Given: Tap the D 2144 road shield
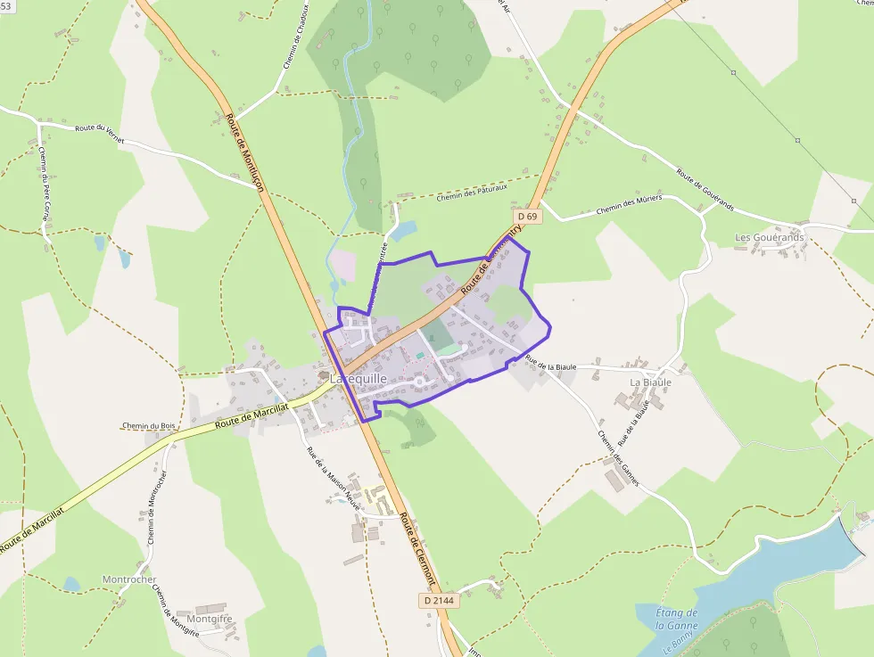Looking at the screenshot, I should [x=438, y=601].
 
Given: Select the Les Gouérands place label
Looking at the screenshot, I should [x=769, y=238].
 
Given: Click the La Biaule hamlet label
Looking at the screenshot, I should [x=650, y=382].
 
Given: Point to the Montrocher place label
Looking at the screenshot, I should [x=129, y=579].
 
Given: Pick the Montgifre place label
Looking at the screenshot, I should [x=210, y=619].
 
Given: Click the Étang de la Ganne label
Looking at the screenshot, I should [x=676, y=619].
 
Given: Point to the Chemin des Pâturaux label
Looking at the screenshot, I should [x=472, y=193].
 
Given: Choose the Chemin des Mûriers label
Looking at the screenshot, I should [x=629, y=205].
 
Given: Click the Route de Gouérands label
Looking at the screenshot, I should [x=705, y=189].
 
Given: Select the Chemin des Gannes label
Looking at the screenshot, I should [x=618, y=458].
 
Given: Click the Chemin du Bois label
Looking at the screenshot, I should [x=150, y=426].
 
